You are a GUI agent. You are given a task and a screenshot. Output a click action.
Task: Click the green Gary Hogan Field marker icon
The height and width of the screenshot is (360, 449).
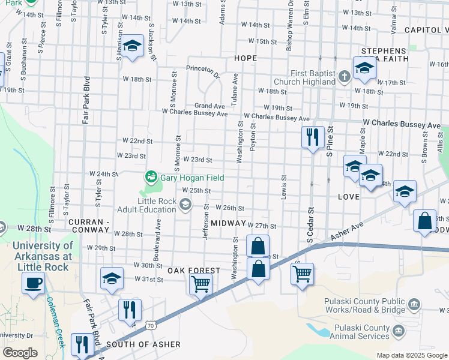coord(150,177)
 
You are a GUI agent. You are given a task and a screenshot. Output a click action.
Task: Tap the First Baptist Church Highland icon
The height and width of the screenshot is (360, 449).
coord(344,76)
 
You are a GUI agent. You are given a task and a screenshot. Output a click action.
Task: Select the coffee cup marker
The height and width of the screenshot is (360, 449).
coord(33,283)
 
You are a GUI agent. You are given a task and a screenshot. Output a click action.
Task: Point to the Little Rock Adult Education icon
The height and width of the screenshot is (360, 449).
coord(185,205)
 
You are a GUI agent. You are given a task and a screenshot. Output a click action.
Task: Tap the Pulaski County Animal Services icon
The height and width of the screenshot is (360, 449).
coord(397,329)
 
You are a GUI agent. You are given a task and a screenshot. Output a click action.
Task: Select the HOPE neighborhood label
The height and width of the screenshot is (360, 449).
coord(245,58)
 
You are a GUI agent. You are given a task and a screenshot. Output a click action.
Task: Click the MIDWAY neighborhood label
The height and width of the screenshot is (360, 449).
coord(229,223)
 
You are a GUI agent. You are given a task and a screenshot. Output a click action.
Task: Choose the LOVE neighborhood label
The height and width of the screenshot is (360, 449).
coord(349,197)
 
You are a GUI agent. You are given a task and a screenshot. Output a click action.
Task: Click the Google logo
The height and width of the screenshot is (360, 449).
coord(20,353)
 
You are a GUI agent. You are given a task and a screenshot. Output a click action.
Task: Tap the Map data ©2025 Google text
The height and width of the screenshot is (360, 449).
coord(411,355)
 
